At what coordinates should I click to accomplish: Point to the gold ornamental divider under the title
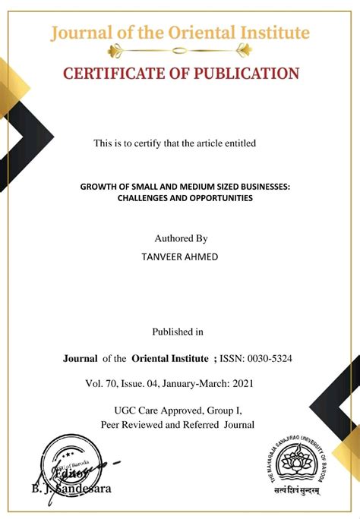(180, 51)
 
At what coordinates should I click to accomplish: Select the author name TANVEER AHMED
(180, 256)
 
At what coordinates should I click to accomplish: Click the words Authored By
(180, 238)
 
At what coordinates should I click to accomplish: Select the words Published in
(178, 331)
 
